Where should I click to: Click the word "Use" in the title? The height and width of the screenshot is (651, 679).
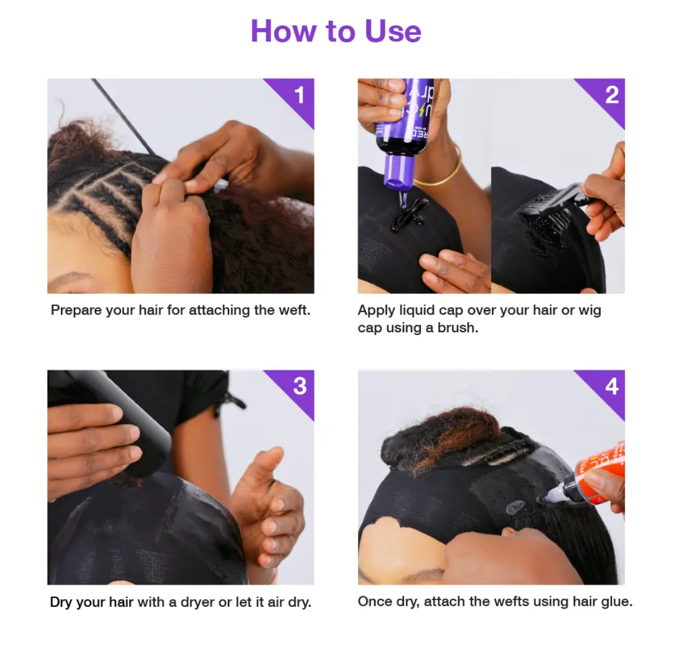pyautogui.click(x=393, y=31)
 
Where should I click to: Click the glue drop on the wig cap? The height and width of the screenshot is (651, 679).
pyautogui.click(x=515, y=507)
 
